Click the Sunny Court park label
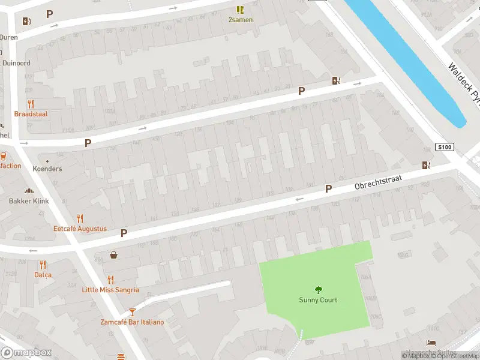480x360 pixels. [x=318, y=300]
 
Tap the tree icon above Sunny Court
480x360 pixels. [x=318, y=289]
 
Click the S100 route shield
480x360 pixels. [x=444, y=147]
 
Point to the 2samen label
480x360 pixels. [x=240, y=20]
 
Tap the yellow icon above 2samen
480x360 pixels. [x=240, y=10]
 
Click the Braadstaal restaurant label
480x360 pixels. [x=31, y=113]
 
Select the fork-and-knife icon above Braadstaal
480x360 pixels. [x=31, y=104]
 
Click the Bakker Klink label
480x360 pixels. [x=29, y=201]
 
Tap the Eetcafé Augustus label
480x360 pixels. [x=80, y=229]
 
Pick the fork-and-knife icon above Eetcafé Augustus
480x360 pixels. [x=80, y=218]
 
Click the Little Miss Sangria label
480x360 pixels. [x=110, y=290]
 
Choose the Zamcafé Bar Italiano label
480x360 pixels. [x=132, y=322]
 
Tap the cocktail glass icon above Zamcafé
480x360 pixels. [x=132, y=312]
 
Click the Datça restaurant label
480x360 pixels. [x=43, y=275]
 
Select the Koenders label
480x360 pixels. [x=47, y=169]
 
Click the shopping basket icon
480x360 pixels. [x=113, y=255]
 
